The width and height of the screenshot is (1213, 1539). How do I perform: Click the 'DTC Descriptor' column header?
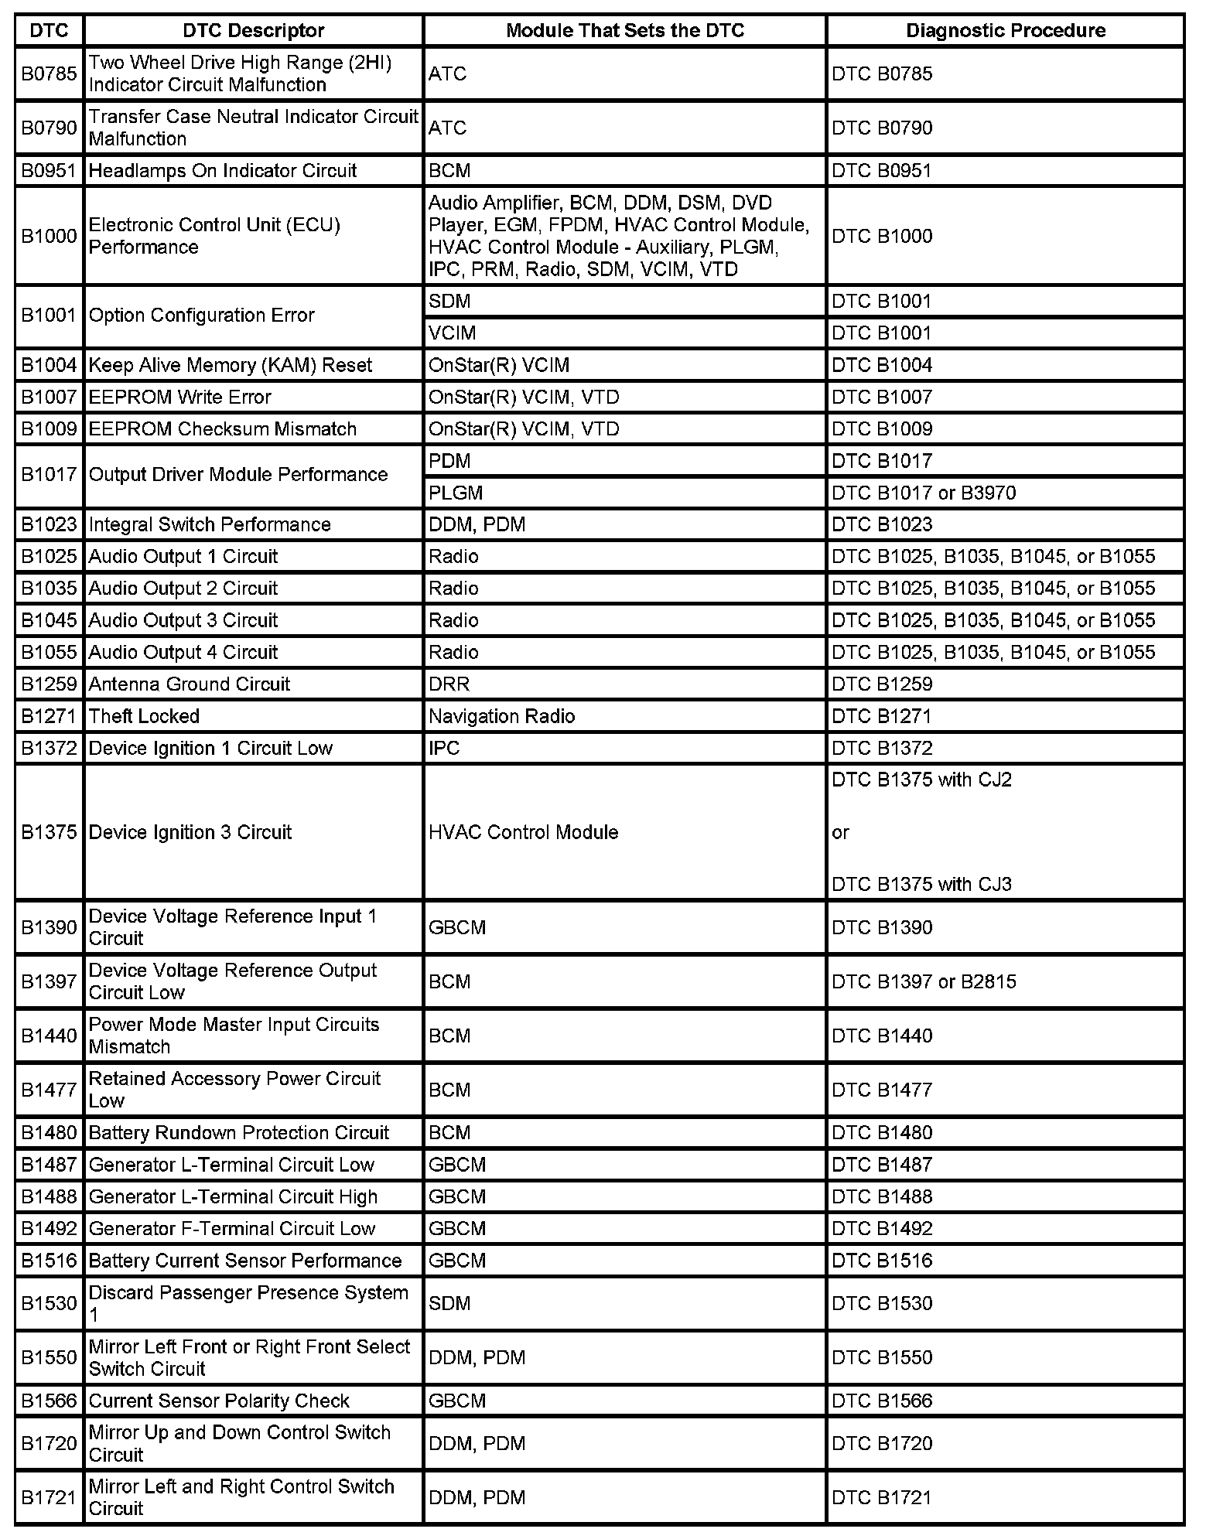click(x=253, y=31)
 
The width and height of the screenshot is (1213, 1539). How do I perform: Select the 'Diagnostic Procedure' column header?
click(x=1005, y=31)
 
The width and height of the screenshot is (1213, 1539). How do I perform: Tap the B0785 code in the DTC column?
click(x=49, y=73)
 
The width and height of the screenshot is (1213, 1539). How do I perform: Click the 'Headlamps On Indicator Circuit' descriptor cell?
click(x=223, y=171)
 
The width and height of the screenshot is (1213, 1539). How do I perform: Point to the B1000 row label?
click(x=49, y=236)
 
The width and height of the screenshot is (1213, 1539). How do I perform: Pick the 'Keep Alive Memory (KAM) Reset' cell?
click(x=230, y=365)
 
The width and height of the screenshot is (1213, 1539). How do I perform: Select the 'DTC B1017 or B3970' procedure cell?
click(x=924, y=493)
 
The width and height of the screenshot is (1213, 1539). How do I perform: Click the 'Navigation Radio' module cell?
click(x=501, y=716)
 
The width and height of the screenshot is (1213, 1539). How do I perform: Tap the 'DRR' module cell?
click(x=449, y=684)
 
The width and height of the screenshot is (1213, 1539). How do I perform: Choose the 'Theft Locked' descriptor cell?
click(x=144, y=716)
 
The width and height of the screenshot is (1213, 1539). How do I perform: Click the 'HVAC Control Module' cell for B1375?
click(x=523, y=832)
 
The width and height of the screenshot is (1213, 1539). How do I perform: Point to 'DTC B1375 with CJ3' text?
click(x=921, y=884)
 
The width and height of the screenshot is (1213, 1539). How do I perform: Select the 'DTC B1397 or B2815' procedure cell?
click(x=924, y=981)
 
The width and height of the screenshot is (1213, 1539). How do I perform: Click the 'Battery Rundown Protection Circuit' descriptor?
click(x=238, y=1133)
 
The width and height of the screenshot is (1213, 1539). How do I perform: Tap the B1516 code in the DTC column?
click(x=49, y=1261)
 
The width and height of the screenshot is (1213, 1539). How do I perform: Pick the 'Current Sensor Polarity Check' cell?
click(x=219, y=1401)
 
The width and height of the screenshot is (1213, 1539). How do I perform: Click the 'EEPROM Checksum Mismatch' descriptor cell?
click(x=222, y=429)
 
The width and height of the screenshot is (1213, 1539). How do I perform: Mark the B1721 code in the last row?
click(x=49, y=1498)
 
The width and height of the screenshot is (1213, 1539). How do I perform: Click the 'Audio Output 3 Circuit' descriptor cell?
click(x=183, y=620)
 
